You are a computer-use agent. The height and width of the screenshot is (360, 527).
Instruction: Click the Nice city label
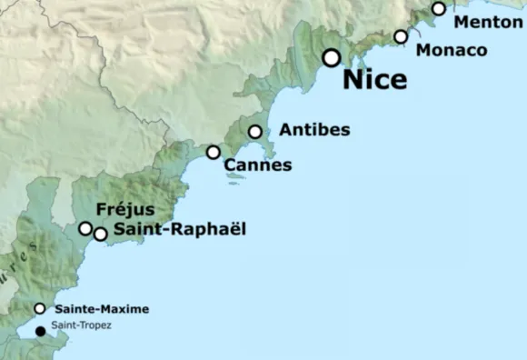(374, 79)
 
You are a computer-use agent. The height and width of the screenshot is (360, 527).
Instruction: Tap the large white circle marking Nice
(332, 58)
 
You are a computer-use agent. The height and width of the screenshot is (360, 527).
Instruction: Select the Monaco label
(452, 50)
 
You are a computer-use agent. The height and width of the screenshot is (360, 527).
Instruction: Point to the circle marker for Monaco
(401, 36)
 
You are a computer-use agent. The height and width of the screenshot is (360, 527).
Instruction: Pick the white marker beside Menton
(439, 9)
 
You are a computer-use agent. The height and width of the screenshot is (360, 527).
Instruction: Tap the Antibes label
(314, 130)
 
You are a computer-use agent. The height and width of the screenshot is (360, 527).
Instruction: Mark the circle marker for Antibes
(255, 132)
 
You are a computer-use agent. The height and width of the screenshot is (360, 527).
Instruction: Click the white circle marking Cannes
(213, 153)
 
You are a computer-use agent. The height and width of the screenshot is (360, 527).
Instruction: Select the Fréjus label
(124, 210)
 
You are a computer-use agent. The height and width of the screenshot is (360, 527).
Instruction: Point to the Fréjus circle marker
(85, 228)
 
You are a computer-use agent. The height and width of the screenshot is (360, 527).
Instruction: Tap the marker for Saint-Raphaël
(100, 234)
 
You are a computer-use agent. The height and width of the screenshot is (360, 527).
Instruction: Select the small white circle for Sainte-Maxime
(39, 308)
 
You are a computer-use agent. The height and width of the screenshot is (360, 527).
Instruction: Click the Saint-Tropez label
(82, 325)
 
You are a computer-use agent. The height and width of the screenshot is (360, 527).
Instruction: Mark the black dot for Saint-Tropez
(39, 331)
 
